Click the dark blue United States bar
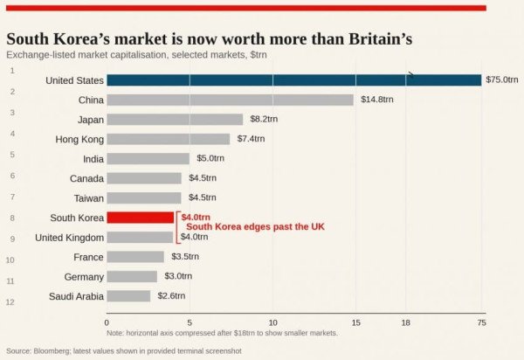293,80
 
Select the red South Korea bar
140,218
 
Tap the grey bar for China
230,100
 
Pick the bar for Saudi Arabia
128,296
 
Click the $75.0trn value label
503,80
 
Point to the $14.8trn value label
376,100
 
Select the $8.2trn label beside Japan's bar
263,120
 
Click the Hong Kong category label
79,139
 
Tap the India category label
93,159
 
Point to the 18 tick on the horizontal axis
405,322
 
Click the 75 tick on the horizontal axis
481,322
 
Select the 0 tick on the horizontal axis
107,322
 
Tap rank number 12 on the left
10,302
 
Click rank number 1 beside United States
12,69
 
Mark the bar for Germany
132,276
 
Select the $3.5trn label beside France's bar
185,257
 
